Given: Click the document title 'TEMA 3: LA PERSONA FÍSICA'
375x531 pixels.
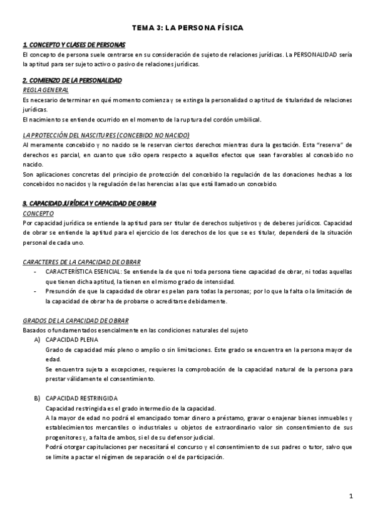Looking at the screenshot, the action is click(187, 28).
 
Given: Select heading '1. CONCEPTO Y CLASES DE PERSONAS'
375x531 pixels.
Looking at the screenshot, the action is click(74, 45).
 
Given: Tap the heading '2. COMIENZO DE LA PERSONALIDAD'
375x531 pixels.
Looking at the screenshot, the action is click(72, 81).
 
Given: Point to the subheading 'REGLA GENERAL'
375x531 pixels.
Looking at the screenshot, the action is click(45, 90).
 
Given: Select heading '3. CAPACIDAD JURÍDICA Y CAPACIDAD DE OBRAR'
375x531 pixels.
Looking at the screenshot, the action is click(89, 204).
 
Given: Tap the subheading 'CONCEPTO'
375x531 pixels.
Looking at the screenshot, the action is click(38, 214).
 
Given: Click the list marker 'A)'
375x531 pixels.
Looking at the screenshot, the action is click(38, 339).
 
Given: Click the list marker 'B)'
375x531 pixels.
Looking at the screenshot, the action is click(38, 398).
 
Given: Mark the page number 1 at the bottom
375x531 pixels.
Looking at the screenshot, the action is click(352, 497).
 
